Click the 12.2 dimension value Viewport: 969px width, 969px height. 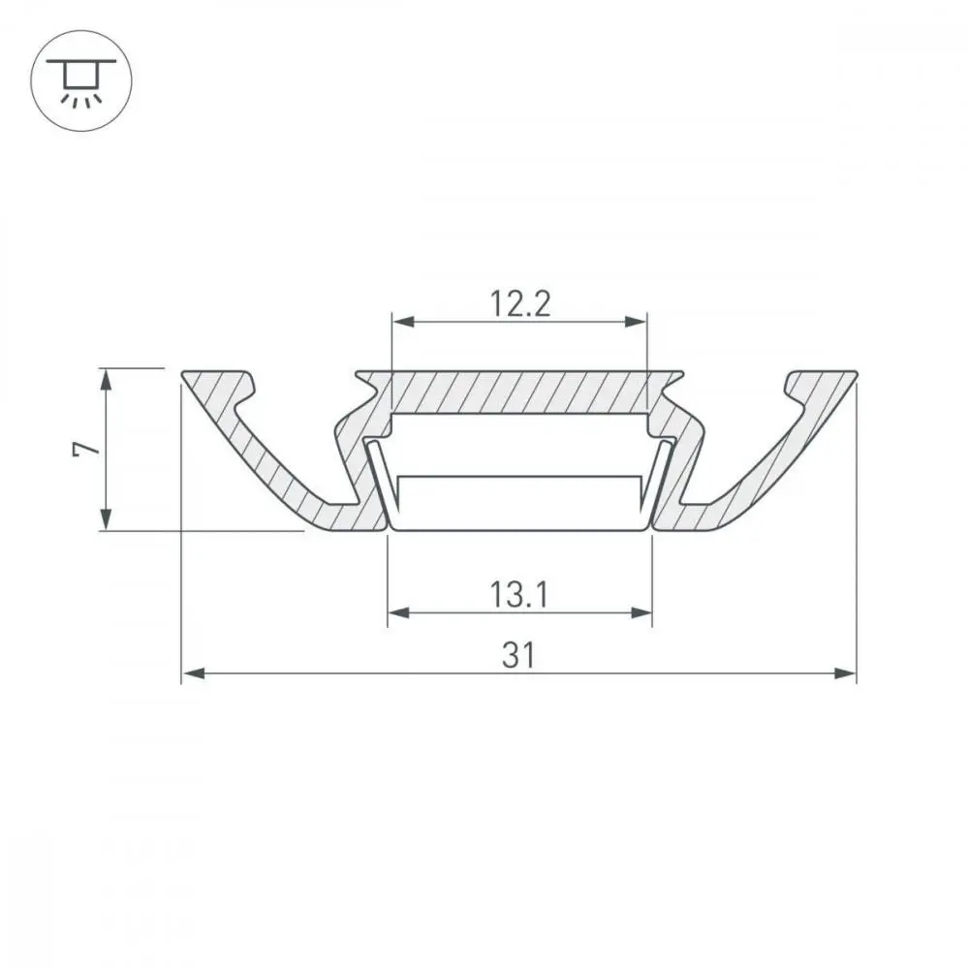519,304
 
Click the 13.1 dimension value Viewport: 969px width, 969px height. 519,595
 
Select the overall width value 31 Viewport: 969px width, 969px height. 518,656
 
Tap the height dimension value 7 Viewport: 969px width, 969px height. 86,449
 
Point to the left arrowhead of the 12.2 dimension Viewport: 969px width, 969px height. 403,322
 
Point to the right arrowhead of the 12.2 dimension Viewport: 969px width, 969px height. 636,322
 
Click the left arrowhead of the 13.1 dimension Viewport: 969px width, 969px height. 398,613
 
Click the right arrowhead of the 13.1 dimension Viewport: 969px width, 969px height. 641,613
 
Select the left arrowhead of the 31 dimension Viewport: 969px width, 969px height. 194,673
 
